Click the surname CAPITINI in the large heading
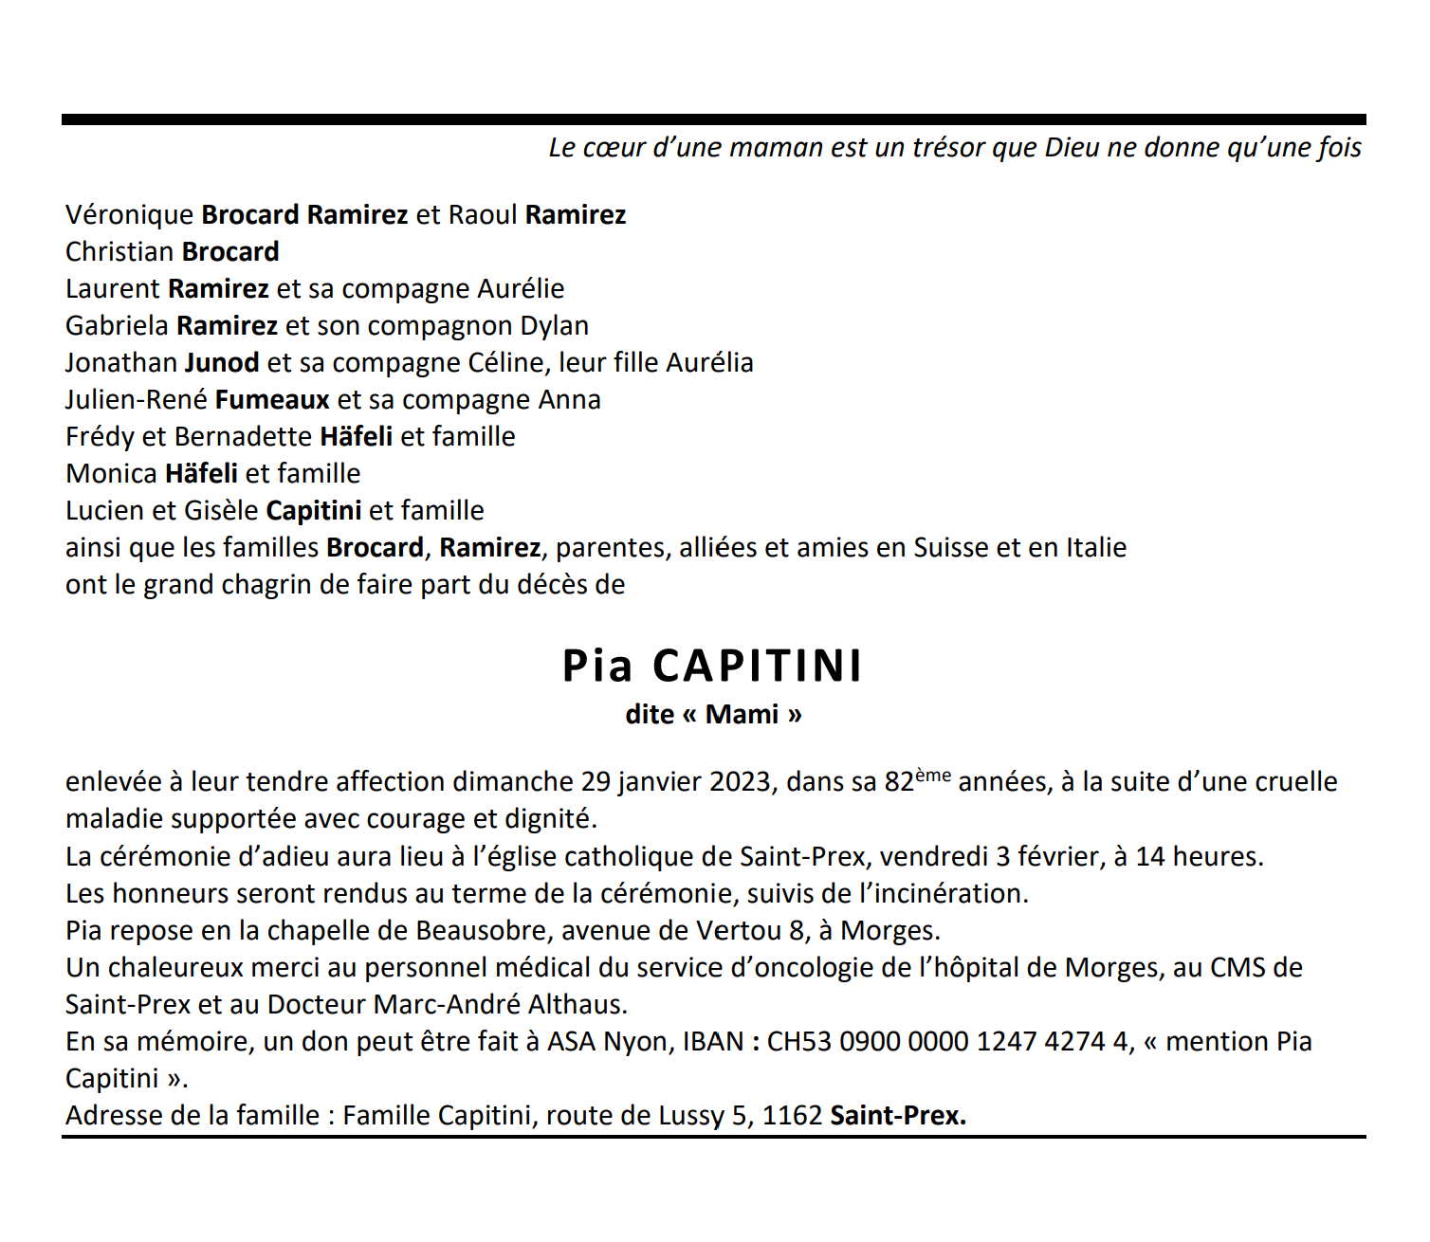tap(758, 666)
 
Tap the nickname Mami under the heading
tap(742, 714)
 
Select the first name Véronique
tap(130, 215)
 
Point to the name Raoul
tap(483, 215)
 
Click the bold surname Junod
tap(222, 363)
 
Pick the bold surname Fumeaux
tap(272, 400)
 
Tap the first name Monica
tap(111, 474)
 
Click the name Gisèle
tap(221, 511)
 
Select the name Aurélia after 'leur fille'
tap(709, 363)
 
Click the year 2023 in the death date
tap(741, 782)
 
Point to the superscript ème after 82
tap(933, 775)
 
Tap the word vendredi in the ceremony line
tap(933, 857)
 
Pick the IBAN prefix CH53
tap(798, 1042)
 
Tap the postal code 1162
tap(792, 1116)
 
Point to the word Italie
tap(1096, 548)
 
